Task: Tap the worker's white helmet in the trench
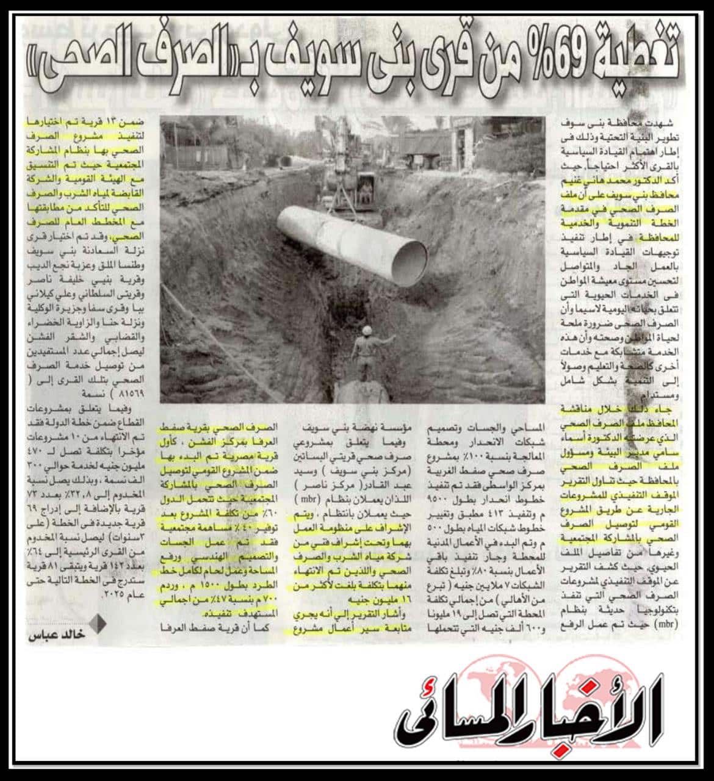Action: pyautogui.click(x=367, y=330)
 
